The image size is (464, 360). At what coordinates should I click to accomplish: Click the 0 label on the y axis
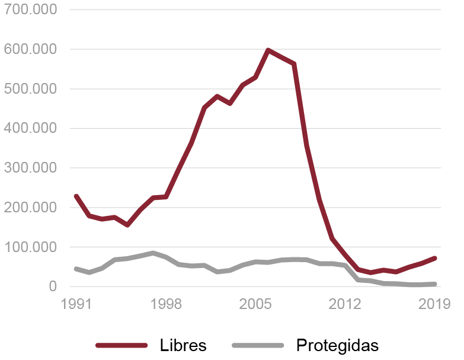pos(53,286)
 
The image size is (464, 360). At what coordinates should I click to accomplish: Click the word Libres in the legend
pos(183,345)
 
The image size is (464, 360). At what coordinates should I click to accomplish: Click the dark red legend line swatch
pos(121,345)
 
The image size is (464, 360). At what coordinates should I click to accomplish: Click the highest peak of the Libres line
pos(268,50)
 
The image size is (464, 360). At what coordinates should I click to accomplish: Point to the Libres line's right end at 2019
pos(435,258)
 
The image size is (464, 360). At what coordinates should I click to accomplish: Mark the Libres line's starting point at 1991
pos(76,196)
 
